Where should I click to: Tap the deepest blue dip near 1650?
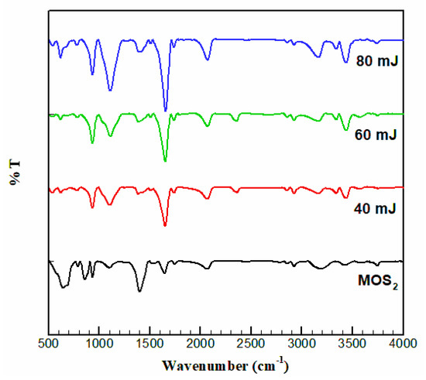click(x=165, y=110)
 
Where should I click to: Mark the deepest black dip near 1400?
click(x=139, y=291)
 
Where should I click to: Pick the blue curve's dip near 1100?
click(x=110, y=90)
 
